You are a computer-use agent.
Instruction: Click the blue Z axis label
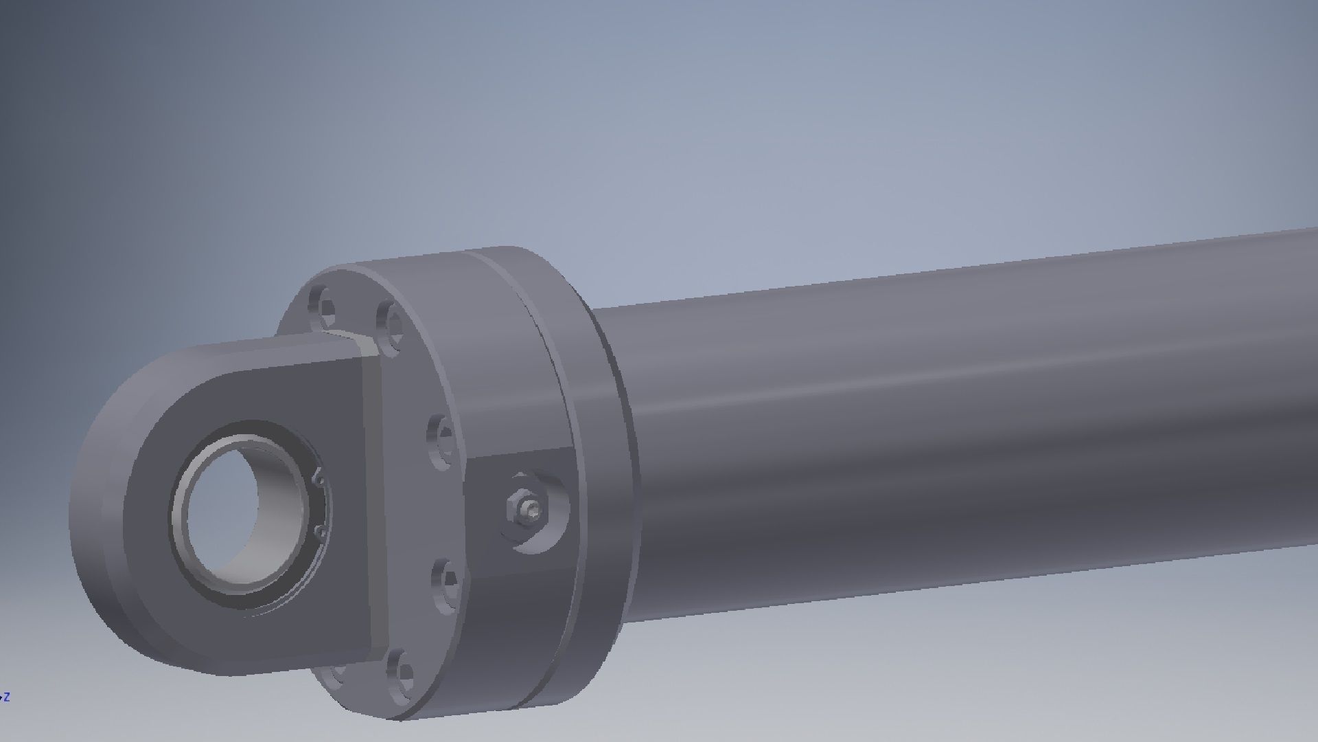click(x=6, y=697)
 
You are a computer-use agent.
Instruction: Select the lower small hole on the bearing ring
click(x=319, y=531)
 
